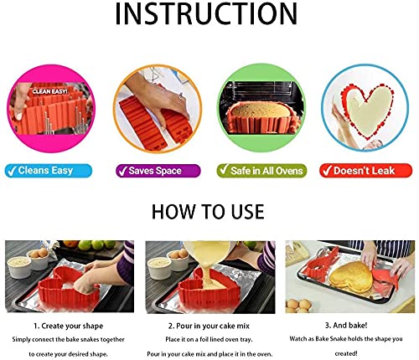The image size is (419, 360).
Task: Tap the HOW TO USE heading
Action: click(x=209, y=210)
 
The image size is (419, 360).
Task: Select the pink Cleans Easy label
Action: click(x=50, y=170)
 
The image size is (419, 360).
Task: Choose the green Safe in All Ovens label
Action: click(x=261, y=170)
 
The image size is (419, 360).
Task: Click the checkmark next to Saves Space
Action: click(x=122, y=170)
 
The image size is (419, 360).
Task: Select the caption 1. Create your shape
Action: click(x=68, y=323)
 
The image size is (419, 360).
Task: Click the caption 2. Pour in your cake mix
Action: click(x=209, y=323)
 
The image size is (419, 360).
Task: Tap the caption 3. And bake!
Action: click(x=349, y=323)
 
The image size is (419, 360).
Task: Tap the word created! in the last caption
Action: click(x=349, y=352)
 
